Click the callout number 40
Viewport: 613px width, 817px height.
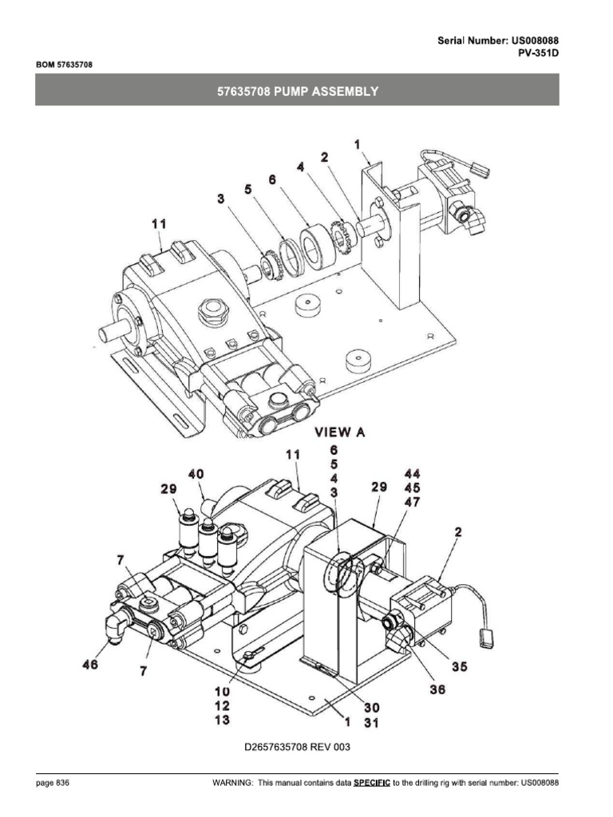[x=196, y=474]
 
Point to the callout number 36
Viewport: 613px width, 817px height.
[x=437, y=690]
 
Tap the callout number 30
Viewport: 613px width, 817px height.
[x=372, y=706]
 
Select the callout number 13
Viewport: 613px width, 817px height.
[x=222, y=720]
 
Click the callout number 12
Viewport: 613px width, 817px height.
[x=222, y=706]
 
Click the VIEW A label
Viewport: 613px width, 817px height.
[x=340, y=432]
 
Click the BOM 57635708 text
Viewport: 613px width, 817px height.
[x=64, y=65]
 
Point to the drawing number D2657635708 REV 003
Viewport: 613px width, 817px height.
[x=297, y=748]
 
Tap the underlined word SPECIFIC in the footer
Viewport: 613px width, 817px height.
[x=372, y=783]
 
